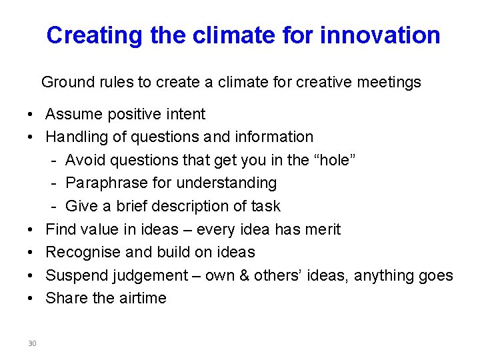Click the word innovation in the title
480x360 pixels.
[x=380, y=35]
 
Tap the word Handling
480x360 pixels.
[x=75, y=137]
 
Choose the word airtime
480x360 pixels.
[x=143, y=298]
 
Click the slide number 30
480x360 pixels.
[x=32, y=343]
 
